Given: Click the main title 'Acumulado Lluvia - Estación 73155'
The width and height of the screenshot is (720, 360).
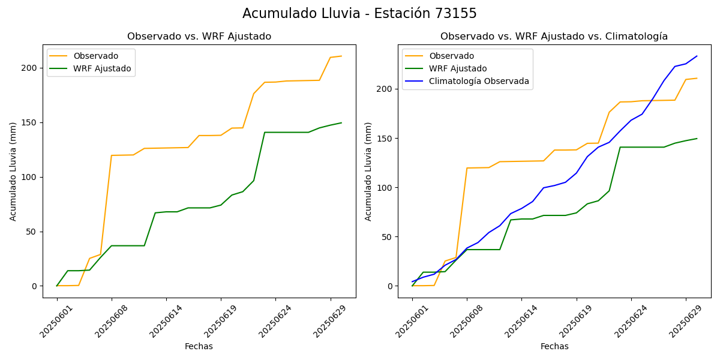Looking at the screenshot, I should [359, 13].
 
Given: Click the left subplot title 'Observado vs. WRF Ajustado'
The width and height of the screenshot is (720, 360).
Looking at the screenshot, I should [199, 37].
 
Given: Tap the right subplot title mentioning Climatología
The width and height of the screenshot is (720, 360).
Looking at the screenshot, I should [554, 37].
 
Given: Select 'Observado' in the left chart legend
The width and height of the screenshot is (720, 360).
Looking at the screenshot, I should [96, 56].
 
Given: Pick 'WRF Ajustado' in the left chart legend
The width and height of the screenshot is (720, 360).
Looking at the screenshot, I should [102, 68].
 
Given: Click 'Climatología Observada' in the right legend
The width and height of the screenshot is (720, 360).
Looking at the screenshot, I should [479, 81].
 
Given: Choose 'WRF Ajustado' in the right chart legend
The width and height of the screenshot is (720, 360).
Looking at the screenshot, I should [458, 68].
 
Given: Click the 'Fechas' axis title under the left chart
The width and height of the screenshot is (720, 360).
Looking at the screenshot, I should [199, 346].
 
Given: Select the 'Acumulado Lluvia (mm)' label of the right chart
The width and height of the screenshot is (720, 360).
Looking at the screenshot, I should [369, 172].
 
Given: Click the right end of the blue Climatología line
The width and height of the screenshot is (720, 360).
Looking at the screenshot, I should [697, 56].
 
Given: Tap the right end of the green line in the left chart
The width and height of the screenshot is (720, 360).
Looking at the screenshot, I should [341, 123].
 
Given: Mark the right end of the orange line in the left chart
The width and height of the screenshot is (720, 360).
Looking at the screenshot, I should [341, 56].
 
